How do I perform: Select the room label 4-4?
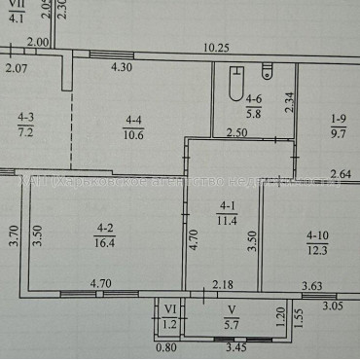click(132, 120)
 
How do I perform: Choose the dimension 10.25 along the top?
click(216, 47)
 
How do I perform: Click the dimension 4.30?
click(121, 67)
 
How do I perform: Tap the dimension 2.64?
click(342, 175)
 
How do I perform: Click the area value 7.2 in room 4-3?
click(26, 132)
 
